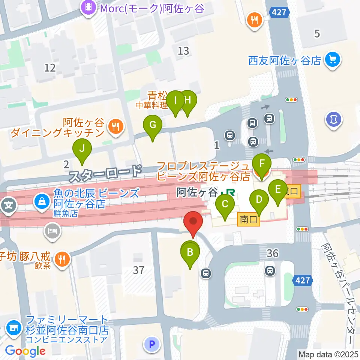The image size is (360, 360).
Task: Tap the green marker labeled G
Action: pos(153,126)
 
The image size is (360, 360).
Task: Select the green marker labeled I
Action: pos(175,101)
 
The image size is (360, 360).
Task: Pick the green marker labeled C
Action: pos(225,205)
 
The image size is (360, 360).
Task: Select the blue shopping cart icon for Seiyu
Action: pos(332,59)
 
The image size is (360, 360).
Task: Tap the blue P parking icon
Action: pos(151,344)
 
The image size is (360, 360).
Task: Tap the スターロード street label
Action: pos(105,174)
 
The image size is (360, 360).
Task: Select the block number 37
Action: pos(139,270)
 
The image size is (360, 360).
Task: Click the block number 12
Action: pos(50,68)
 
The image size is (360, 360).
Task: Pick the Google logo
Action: pos(25,351)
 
